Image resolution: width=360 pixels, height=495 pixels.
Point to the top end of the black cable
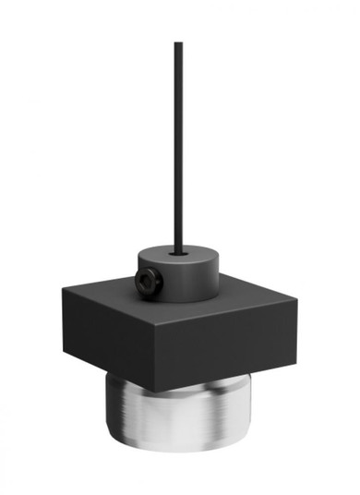coord(176,43)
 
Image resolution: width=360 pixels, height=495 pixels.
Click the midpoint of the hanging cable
coord(176,146)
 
